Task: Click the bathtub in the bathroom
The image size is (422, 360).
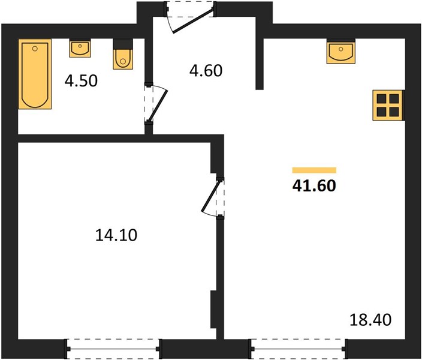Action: tap(35, 74)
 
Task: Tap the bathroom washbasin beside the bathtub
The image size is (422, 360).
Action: tap(80, 48)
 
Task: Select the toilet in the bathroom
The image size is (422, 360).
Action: tap(123, 54)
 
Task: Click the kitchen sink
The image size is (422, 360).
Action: tap(341, 51)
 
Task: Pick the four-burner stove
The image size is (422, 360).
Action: tap(388, 105)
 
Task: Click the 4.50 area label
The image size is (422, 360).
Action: tap(81, 80)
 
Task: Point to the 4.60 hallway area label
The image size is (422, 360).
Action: tap(206, 71)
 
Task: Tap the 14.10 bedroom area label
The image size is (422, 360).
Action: tap(116, 235)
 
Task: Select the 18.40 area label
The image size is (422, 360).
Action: tap(370, 320)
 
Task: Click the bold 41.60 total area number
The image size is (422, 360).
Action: tap(314, 185)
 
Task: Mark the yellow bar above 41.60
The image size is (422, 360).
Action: tap(314, 170)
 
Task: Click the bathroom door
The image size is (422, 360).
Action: tap(156, 104)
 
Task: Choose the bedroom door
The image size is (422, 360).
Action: tap(213, 197)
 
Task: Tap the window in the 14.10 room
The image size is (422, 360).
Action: tap(113, 349)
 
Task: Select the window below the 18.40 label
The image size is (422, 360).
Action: tap(298, 349)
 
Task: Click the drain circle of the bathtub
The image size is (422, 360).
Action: tap(34, 49)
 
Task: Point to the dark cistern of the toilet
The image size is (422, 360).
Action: tap(123, 44)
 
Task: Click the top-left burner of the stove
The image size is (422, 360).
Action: tap(382, 98)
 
